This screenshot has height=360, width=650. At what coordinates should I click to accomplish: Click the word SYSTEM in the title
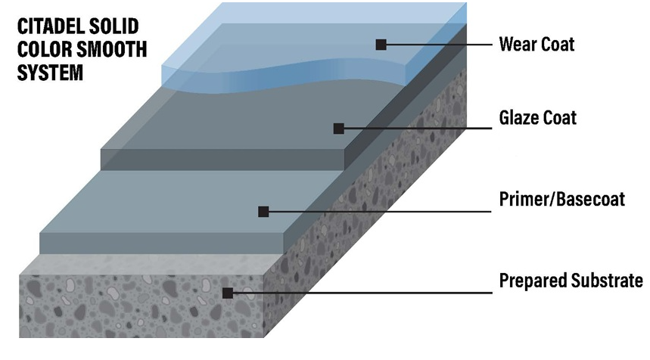(50, 73)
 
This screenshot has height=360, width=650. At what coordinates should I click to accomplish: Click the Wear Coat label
(536, 45)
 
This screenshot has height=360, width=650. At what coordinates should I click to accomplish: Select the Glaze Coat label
(538, 118)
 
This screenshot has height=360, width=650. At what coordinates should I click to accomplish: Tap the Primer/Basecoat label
(562, 199)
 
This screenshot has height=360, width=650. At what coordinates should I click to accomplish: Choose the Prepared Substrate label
(571, 281)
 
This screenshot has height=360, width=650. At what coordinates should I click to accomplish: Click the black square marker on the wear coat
(381, 45)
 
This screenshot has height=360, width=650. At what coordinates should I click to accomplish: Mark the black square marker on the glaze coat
(339, 129)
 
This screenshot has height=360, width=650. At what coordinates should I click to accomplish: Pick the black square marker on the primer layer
(263, 212)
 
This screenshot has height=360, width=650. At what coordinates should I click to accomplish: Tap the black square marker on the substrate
(228, 293)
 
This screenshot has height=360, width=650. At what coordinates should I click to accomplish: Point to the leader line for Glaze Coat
(418, 129)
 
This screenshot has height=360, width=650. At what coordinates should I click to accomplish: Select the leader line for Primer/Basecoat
(380, 212)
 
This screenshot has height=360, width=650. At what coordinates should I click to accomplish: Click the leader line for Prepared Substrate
(362, 293)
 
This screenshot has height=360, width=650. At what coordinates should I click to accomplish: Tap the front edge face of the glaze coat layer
(222, 160)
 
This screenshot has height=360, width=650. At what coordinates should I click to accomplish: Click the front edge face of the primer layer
(162, 244)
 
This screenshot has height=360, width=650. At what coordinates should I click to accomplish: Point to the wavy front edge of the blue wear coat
(282, 76)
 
